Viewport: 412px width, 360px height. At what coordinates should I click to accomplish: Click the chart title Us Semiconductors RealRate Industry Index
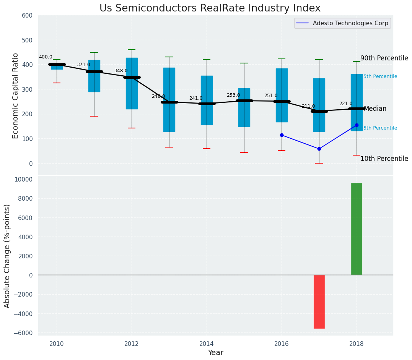coord(210,8)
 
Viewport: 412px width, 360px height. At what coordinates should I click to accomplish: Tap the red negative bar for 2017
coord(319,302)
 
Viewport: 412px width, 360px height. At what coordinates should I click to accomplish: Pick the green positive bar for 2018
coord(357,229)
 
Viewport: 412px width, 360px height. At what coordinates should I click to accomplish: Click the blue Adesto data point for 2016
coord(282,135)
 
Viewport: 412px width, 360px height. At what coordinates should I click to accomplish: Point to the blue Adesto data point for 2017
coord(319,149)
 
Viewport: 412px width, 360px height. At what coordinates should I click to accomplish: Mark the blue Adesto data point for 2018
coord(357,125)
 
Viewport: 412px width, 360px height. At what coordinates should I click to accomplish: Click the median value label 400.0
coord(46,57)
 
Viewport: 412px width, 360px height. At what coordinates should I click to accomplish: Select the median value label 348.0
coord(121,71)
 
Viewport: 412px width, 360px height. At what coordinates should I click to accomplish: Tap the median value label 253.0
coord(233,95)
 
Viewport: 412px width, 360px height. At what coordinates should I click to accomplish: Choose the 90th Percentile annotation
coord(384,58)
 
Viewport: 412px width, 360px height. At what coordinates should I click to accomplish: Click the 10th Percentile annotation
coord(384,159)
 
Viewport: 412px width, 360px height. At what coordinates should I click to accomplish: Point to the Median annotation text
coord(375,109)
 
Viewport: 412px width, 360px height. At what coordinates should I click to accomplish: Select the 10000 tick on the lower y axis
coord(24,180)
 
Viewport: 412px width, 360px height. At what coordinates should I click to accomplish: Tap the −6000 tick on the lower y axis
coord(24,333)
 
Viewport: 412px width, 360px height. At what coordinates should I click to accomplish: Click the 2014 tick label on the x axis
coord(207,343)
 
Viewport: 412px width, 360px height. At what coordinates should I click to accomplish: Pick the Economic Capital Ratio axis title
coord(16,96)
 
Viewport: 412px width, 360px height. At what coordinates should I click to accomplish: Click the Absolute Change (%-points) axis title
coord(7,256)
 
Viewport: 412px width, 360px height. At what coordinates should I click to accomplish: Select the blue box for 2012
coord(132,83)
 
